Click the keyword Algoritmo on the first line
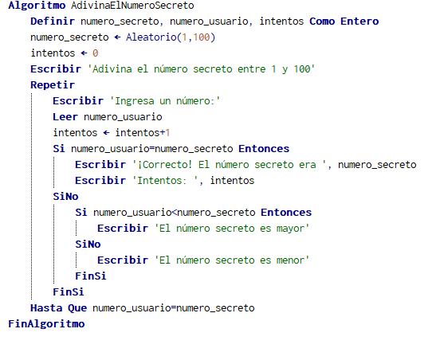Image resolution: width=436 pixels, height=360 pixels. coord(37,6)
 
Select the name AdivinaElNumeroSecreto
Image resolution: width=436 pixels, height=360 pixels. coord(132,6)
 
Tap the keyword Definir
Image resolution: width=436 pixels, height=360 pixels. coord(53,22)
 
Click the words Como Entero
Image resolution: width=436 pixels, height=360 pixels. coord(344,22)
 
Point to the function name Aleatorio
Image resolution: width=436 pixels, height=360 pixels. coord(151,37)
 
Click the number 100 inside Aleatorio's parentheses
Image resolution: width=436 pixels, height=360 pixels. coord(201,37)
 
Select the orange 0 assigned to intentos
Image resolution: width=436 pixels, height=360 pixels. coord(95,53)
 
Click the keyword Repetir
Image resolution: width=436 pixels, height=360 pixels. coord(53,84)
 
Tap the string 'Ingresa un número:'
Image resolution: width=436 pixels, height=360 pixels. coord(165,101)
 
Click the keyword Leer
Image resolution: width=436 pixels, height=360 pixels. coord(65,116)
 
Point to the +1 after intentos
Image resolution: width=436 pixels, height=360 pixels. coord(165,133)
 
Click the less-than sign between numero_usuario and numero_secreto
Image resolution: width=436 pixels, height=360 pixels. coord(174,213)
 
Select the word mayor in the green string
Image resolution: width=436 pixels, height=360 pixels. coord(290,229)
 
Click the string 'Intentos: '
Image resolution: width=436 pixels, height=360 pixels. coord(165,181)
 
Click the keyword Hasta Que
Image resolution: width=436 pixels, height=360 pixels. coord(59,308)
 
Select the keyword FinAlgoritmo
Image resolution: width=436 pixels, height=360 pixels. coord(46,324)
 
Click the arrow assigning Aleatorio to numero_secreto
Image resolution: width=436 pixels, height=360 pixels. coord(117,37)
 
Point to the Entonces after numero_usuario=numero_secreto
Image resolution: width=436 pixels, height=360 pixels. coord(264,149)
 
